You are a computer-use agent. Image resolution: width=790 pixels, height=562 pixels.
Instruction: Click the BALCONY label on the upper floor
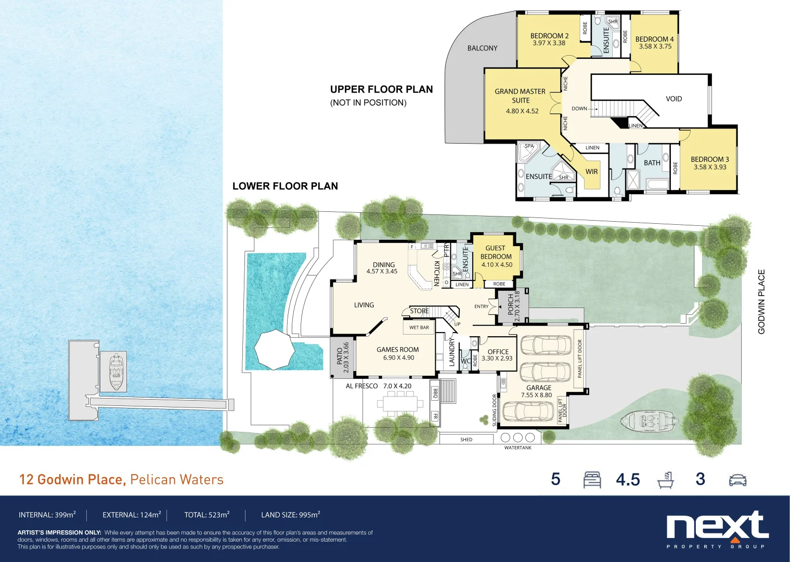point(482,48)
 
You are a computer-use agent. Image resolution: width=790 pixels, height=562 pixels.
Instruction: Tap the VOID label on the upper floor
point(674,99)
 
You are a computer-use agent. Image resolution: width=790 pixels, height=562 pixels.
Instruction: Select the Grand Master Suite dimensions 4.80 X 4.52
point(522,111)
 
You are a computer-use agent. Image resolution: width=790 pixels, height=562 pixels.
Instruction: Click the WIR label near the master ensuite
point(592,172)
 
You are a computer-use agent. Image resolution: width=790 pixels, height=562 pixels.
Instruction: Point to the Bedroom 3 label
point(709,160)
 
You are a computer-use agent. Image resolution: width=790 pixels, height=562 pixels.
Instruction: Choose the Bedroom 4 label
point(654,40)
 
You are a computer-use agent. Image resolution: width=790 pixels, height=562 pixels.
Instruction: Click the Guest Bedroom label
point(496,252)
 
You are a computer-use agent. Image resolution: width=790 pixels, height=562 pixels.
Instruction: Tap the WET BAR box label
point(419,328)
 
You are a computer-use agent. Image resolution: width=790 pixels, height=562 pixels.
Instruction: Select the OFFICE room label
point(498,352)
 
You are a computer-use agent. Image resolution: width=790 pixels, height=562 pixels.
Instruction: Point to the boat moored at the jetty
point(116,372)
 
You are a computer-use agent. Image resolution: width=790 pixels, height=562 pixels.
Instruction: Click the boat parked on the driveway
point(648,420)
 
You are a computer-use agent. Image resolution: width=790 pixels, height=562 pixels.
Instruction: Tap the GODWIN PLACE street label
point(761,301)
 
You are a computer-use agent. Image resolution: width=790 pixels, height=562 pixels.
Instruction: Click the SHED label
point(466,440)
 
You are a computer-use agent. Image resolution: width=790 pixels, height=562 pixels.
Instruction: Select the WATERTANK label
point(517,448)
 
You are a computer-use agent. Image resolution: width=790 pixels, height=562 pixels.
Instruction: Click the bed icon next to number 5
point(592,479)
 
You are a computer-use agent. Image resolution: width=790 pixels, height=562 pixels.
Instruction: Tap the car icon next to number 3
point(737,480)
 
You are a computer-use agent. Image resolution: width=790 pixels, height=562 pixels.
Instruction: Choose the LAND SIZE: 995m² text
point(290,515)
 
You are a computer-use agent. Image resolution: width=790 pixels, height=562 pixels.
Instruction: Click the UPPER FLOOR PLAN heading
point(381,90)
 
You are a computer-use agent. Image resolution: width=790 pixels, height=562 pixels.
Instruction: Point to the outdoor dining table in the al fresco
point(400,403)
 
